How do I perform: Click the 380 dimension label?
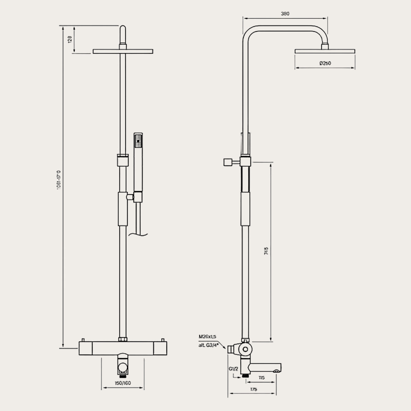pyautogui.click(x=285, y=14)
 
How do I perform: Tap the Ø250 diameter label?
pyautogui.click(x=325, y=64)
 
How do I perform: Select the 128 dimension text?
pyautogui.click(x=70, y=39)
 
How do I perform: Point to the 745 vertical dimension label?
pyautogui.click(x=266, y=251)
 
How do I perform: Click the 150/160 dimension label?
pyautogui.click(x=123, y=383)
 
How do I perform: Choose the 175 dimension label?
pyautogui.click(x=253, y=389)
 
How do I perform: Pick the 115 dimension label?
pyautogui.click(x=261, y=378)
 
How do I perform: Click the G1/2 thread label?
pyautogui.click(x=233, y=369)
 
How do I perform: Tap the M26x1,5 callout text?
pyautogui.click(x=207, y=336)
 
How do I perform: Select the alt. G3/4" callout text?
pyautogui.click(x=209, y=345)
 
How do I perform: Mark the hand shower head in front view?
pyautogui.click(x=138, y=140)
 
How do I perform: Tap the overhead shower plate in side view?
pyautogui.click(x=325, y=51)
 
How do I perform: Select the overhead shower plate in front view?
pyautogui.click(x=123, y=51)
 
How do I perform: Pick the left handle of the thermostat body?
pyautogui.click(x=86, y=348)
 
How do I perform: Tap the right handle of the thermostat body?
pyautogui.click(x=160, y=348)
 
